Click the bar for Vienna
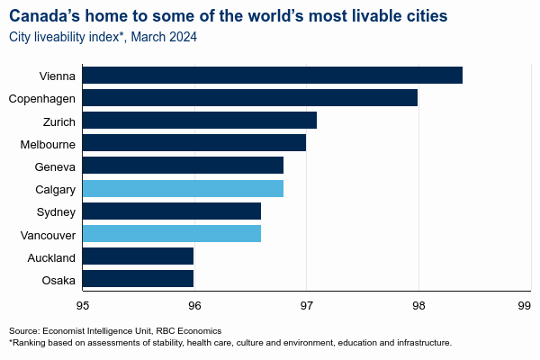pos(272,75)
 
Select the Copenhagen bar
pos(249,97)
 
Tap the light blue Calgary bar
pos(183,189)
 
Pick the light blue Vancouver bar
pos(171,234)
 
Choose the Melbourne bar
pos(193,143)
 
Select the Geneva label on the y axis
pos(56,166)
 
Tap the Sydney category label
pos(57,212)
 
